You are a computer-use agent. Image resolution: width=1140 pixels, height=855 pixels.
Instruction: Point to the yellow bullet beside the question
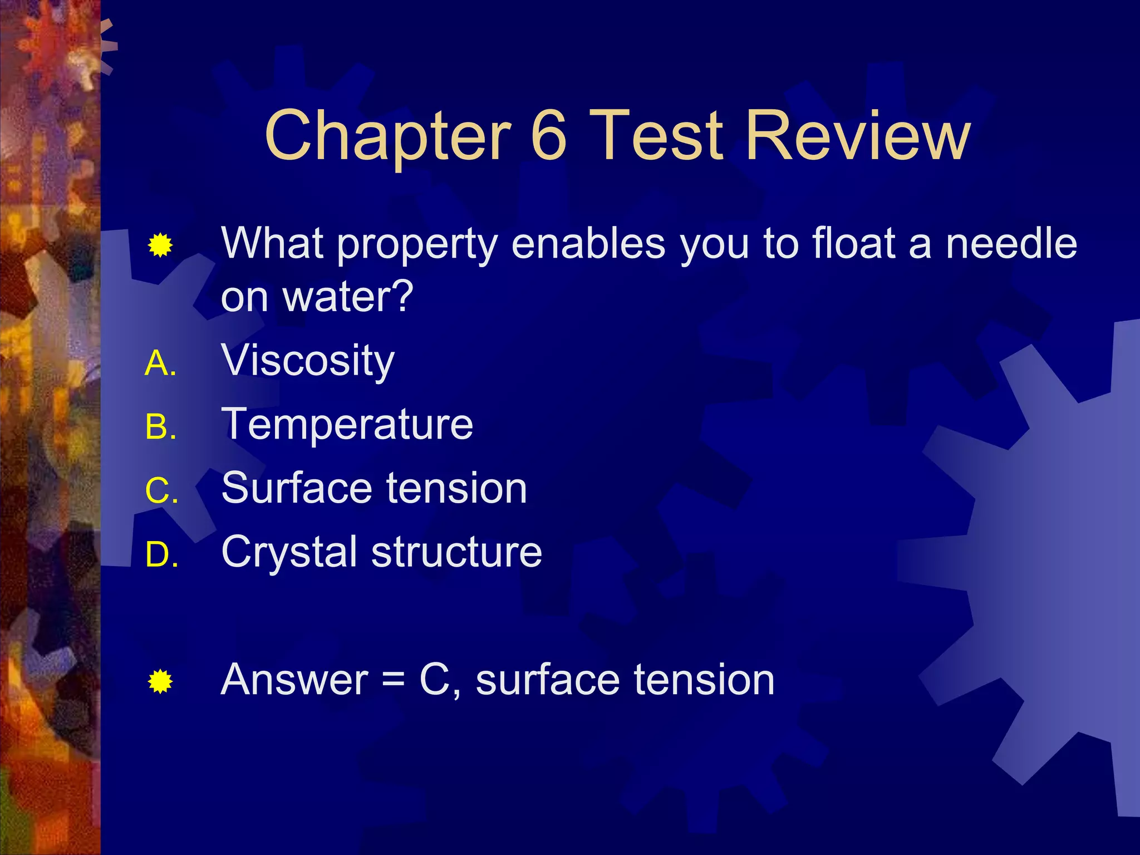[160, 245]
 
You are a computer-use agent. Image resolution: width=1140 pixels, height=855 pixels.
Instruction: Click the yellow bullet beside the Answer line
[160, 681]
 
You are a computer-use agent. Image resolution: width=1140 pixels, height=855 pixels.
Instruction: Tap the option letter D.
[159, 556]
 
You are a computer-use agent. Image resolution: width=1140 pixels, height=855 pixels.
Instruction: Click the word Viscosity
[308, 361]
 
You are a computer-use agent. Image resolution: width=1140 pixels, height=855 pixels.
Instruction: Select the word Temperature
[347, 424]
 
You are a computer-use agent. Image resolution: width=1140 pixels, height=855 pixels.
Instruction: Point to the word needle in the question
[1011, 243]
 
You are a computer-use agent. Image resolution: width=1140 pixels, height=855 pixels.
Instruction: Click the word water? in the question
[348, 296]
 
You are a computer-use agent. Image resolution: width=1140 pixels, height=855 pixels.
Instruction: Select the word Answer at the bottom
[294, 680]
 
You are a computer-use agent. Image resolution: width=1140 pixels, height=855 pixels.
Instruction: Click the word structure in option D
[456, 552]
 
